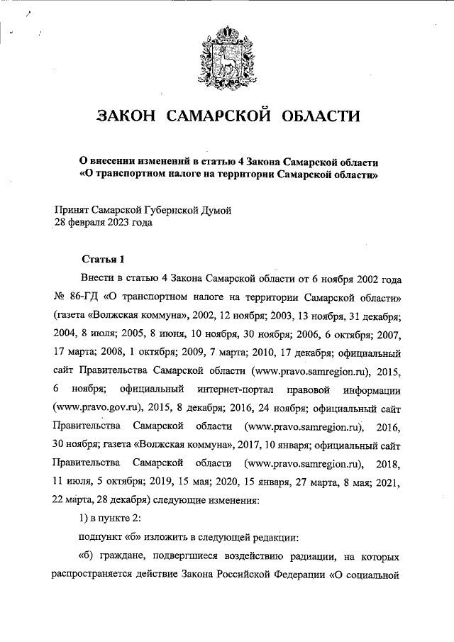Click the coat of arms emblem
coord(226,54)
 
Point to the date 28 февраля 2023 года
coord(103,221)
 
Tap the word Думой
coord(216,209)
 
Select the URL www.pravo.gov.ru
coord(96,409)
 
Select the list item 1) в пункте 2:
coord(113,519)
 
